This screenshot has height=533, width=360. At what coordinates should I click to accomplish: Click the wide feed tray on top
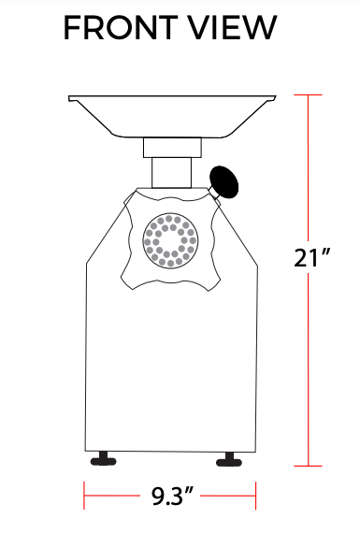174,111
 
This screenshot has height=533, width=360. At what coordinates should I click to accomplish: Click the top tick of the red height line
310,95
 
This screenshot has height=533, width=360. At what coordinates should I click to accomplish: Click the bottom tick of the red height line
310,465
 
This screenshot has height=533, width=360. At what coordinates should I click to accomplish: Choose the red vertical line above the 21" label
310,168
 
